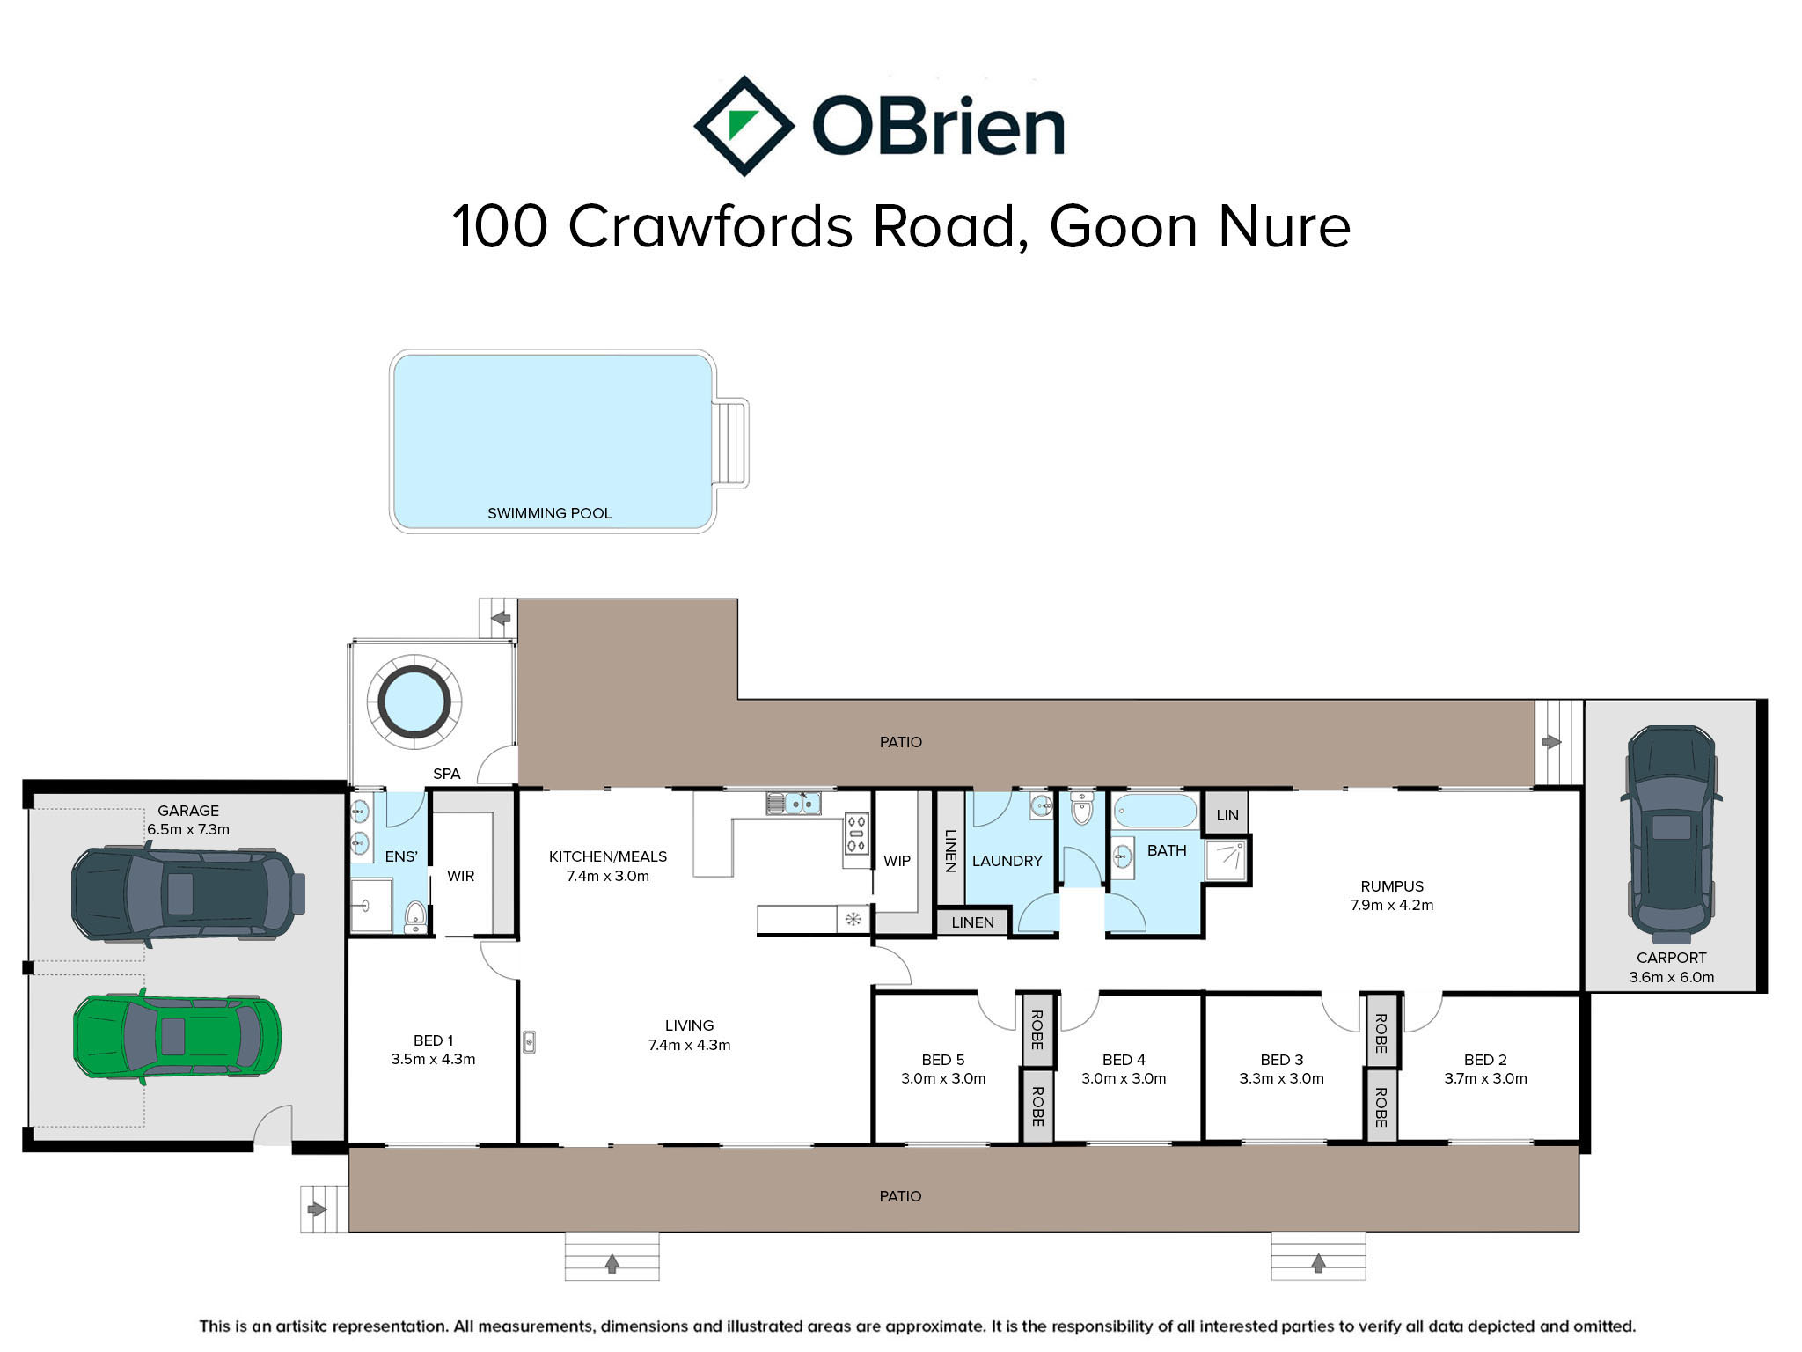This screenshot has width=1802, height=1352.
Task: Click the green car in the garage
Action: coord(177,1036)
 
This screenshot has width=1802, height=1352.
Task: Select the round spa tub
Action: coord(414,702)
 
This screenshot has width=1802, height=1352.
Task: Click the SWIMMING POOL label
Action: coord(550,513)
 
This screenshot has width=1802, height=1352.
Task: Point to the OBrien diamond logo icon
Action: coord(744,126)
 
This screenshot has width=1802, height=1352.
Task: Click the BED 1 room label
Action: coord(434,1040)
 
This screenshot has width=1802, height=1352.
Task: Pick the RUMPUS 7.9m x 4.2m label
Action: coord(1392,895)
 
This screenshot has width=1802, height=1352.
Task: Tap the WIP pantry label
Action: coord(897,861)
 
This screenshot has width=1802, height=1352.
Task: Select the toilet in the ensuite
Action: coord(415,916)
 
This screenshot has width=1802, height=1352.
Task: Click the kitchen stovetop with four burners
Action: coord(856,833)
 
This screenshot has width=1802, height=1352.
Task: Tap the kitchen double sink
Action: coord(795,803)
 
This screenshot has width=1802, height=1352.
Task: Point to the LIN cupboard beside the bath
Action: coord(1227,815)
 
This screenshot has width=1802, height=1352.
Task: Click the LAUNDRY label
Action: coord(1007,861)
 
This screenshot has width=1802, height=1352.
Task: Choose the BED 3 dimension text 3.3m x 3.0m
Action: coord(1281,1078)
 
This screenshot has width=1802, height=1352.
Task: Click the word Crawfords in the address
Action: coord(711,226)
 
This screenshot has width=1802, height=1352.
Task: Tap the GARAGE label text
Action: coord(188,811)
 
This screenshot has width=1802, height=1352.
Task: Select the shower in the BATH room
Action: coord(1226,861)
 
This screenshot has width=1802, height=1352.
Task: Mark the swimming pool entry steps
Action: coord(732,443)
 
